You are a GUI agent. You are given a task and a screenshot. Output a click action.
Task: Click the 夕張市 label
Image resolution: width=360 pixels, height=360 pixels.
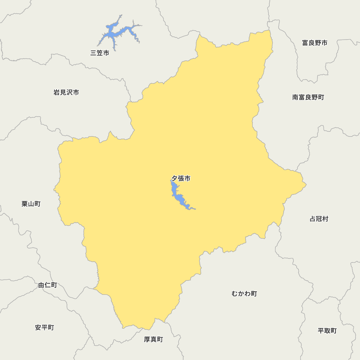pos(181,178)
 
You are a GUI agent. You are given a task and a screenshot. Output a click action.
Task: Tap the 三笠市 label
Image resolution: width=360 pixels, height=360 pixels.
pos(100,53)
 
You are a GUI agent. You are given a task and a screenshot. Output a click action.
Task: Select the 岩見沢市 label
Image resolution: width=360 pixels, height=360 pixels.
pos(66,93)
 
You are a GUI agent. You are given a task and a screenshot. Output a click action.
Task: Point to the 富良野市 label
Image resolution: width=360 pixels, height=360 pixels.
pos(315,43)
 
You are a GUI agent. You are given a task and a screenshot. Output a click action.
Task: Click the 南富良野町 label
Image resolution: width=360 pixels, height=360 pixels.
pos(308,97)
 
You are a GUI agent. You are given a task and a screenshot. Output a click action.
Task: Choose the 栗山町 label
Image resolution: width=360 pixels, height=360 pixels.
pos(31,204)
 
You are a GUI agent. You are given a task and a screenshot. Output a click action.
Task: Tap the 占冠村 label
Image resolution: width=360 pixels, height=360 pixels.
pos(319,219)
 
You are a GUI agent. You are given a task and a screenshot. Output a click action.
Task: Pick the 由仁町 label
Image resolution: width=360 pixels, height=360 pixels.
pos(48,285)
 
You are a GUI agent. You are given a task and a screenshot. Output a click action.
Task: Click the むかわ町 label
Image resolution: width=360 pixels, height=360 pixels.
pos(244,294)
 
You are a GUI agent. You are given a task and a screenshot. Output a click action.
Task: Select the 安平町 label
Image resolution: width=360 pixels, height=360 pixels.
pos(45,328)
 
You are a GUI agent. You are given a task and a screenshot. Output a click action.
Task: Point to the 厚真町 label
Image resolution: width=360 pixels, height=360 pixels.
pos(153,339)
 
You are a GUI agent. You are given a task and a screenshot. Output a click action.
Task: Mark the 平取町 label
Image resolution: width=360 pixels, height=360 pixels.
pos(327,331)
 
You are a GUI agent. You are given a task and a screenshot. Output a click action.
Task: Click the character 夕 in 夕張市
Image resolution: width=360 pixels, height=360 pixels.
pos(174,178)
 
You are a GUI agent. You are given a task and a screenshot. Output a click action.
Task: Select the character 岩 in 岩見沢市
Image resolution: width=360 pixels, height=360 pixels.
pos(57,93)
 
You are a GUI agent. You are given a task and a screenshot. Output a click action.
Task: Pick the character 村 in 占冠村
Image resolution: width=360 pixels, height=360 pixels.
pos(325,219)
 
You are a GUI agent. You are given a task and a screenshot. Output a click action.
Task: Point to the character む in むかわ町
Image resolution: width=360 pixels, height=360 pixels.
pos(235,294)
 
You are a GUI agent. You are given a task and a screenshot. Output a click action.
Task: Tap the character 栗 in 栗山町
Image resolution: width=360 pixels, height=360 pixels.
pos(25,204)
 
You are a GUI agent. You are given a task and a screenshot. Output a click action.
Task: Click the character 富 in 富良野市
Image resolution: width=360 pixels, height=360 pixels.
pos(305,43)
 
